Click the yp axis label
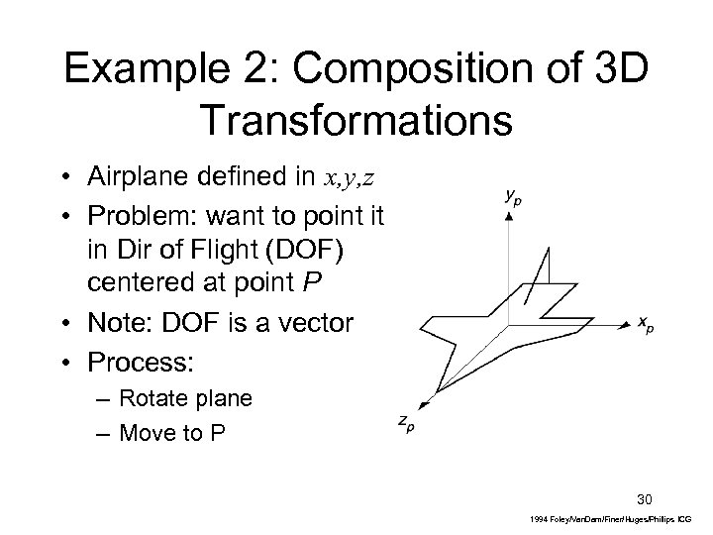(512, 197)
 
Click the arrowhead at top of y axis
(509, 216)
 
